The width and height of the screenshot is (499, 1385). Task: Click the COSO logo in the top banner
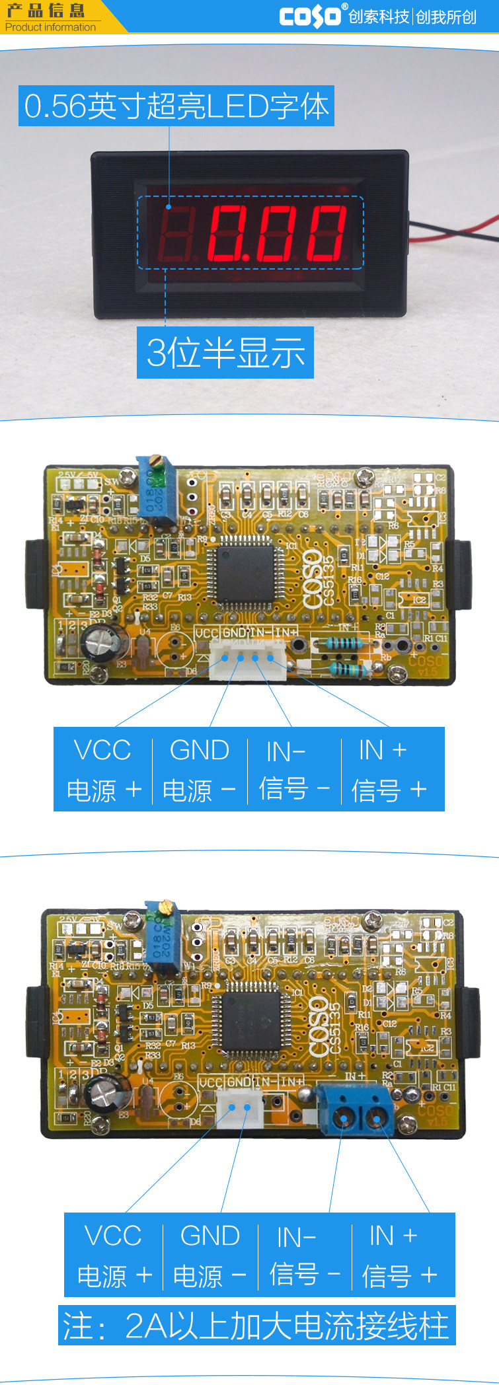click(310, 16)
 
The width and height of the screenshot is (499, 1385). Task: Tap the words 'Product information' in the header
click(50, 27)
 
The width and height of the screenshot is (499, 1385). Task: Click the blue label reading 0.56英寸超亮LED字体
click(176, 106)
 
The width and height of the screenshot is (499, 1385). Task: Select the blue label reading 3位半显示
click(225, 352)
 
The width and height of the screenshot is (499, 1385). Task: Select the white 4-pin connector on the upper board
click(247, 661)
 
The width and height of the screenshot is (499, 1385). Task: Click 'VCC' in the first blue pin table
click(102, 751)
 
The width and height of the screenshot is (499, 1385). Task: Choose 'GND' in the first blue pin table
click(199, 751)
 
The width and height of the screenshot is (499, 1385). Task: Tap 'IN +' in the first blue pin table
click(383, 751)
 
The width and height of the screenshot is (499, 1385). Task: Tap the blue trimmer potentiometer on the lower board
click(162, 936)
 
